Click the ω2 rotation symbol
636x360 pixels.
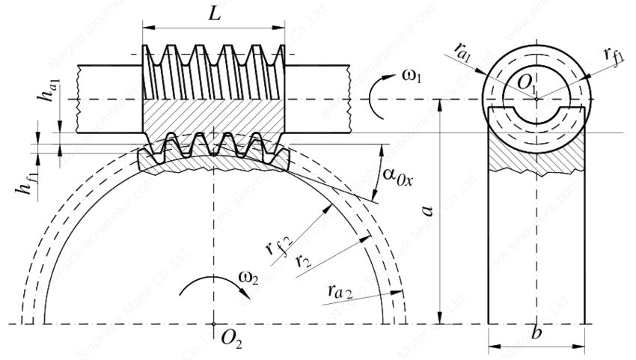click(248, 278)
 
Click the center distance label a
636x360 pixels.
click(427, 213)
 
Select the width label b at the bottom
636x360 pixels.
click(536, 333)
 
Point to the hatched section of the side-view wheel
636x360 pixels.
click(536, 153)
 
